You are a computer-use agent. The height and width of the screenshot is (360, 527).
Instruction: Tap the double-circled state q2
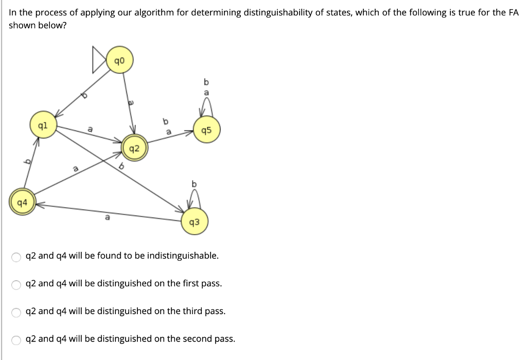(x=133, y=149)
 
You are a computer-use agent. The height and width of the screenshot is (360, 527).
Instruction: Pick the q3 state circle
(x=195, y=222)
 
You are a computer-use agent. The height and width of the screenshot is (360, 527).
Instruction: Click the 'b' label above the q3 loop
(x=194, y=183)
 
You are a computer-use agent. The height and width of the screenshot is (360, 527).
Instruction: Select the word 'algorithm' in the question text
(x=153, y=12)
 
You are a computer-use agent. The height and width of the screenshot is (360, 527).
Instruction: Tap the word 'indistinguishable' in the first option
(x=183, y=255)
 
